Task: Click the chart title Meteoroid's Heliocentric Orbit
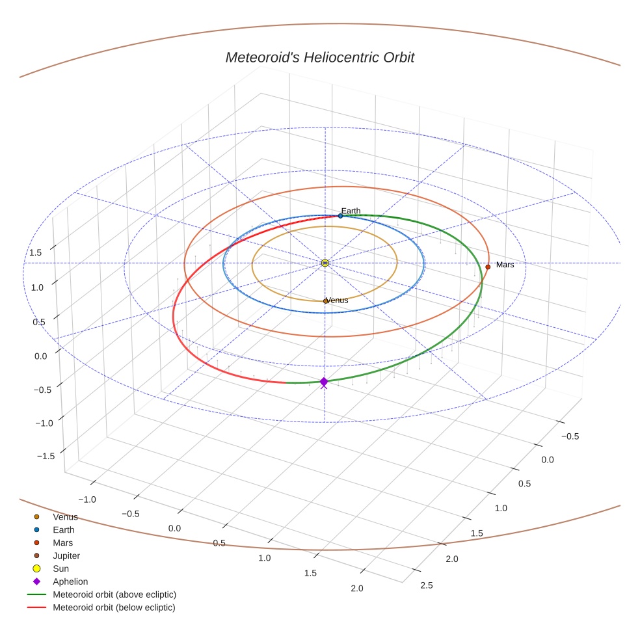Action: [319, 57]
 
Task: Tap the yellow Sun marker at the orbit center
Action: [325, 263]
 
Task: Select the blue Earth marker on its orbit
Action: [340, 215]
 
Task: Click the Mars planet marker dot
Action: [488, 267]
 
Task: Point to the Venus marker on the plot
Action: [325, 301]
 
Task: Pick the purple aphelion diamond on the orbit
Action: [324, 382]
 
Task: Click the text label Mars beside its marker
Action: [505, 265]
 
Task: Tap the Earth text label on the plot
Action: [351, 211]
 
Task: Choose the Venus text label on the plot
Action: [337, 300]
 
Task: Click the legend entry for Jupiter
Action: [66, 555]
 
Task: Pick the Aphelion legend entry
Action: [70, 581]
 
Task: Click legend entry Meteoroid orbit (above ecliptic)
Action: [114, 594]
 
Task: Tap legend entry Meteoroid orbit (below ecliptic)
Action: [114, 607]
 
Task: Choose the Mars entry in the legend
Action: [62, 542]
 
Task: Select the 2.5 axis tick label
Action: [427, 585]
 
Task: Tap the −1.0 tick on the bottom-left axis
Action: [87, 499]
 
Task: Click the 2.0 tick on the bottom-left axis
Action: [356, 589]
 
